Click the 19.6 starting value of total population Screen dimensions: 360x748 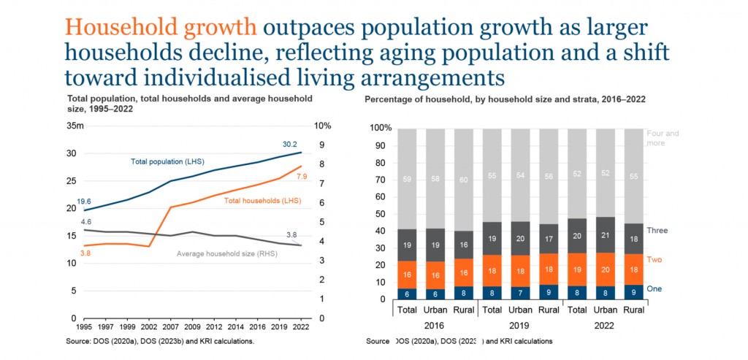[x=84, y=201]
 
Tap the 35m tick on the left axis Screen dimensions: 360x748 [x=75, y=126]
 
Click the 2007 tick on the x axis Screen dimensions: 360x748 [x=170, y=329]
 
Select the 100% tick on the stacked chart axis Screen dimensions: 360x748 [x=381, y=128]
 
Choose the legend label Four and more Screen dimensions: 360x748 [x=663, y=138]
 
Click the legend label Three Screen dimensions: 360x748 [x=657, y=231]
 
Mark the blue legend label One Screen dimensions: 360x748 [x=655, y=289]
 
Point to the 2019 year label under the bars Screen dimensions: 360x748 [x=519, y=326]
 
